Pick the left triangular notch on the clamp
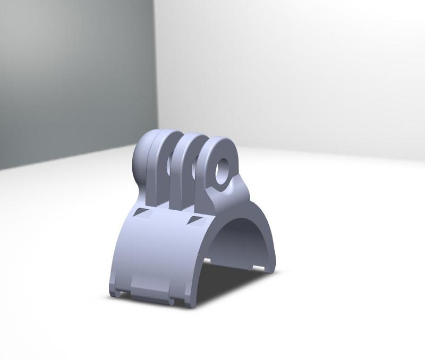142,213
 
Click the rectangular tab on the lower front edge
151,289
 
